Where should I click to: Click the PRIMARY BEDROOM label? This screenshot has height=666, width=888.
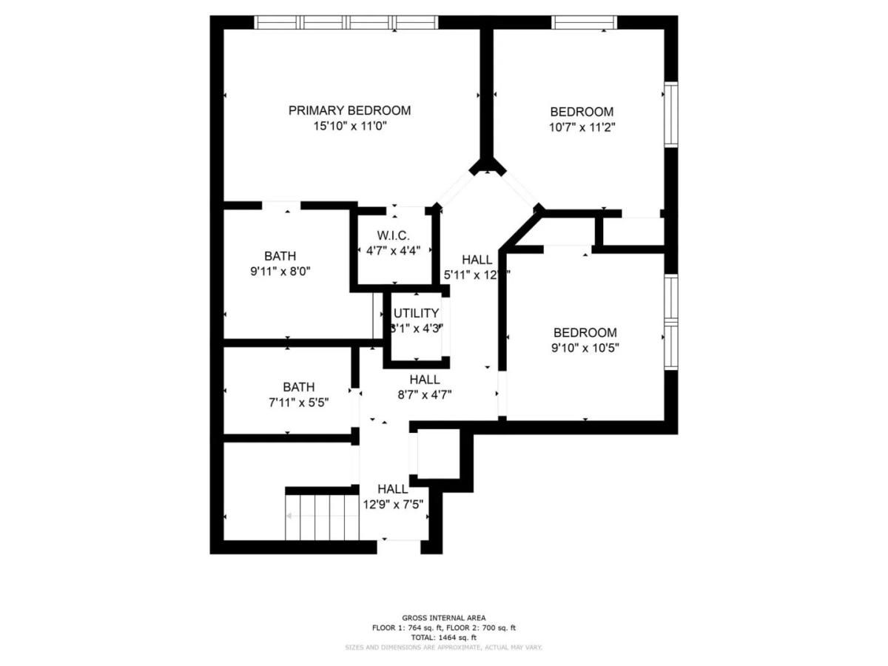click(349, 110)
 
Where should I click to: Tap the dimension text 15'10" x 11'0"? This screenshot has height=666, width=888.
click(349, 127)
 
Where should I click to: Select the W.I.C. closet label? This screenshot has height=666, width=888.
click(393, 235)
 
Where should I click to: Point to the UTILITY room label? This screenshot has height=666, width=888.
click(416, 313)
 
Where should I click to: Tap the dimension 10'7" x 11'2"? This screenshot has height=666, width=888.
click(582, 127)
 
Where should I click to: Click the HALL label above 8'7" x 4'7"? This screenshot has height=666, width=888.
click(425, 380)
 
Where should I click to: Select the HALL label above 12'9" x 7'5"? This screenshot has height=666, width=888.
click(392, 489)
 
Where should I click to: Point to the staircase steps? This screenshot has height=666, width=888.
click(323, 516)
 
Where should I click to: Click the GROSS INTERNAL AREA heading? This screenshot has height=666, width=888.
click(443, 618)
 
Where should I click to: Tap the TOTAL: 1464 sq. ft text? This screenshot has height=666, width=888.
click(443, 637)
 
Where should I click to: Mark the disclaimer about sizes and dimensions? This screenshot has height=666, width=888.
click(443, 647)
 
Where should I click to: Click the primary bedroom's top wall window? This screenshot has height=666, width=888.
click(346, 22)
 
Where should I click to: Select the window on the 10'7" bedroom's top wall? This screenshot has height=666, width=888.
click(584, 22)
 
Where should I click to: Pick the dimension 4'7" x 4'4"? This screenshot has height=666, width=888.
click(393, 250)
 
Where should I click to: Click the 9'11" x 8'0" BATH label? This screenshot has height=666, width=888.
click(280, 256)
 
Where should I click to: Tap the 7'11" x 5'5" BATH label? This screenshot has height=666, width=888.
click(298, 387)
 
